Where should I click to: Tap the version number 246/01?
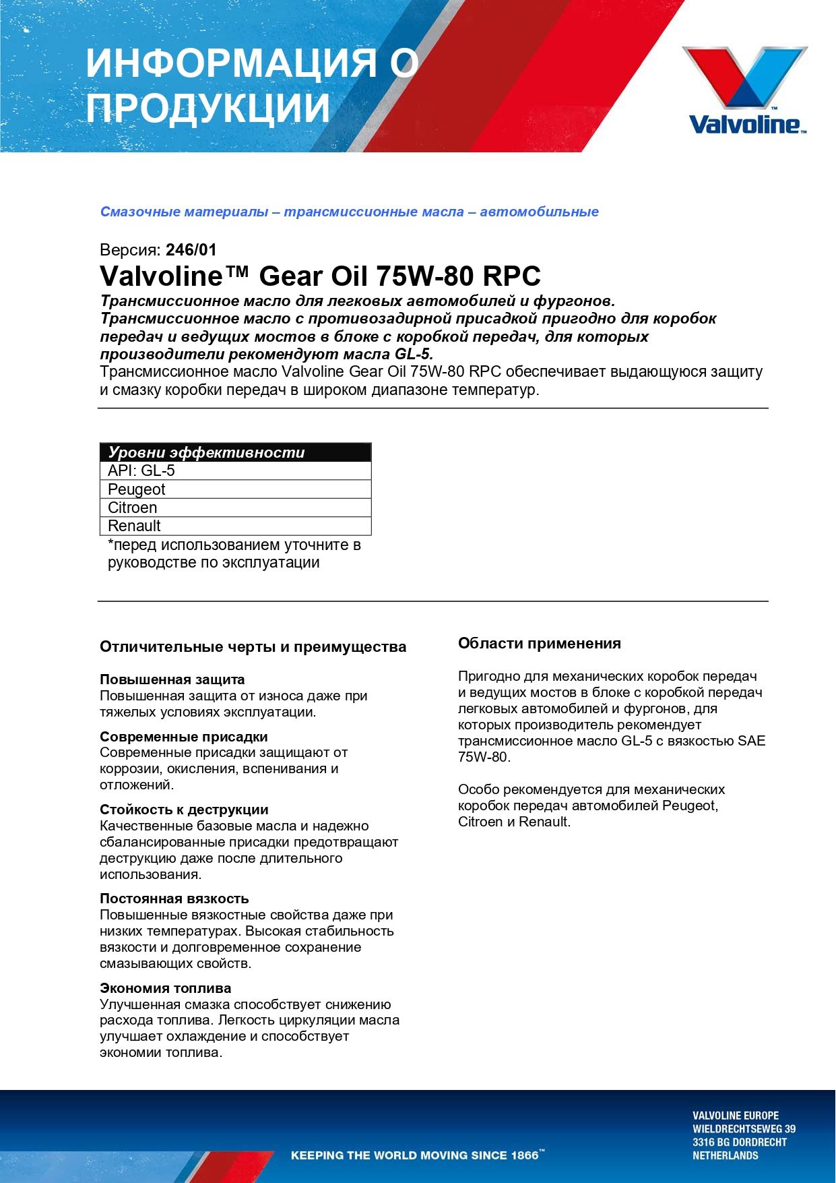[191, 250]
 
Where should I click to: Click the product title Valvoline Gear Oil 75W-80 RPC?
[320, 276]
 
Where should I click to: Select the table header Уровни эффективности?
[207, 452]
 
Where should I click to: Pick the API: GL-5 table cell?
[141, 471]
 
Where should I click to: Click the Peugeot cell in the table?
[137, 489]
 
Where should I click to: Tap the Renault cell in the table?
[134, 526]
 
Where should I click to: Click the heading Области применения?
[539, 643]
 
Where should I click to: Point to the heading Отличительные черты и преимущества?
[253, 647]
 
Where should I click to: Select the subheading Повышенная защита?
[172, 679]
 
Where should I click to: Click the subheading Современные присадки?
[183, 737]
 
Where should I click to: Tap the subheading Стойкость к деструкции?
[184, 810]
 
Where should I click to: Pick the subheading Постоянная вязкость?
[174, 899]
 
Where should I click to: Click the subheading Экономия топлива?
[165, 988]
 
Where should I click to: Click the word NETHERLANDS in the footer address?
[725, 1155]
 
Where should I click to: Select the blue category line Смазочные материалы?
[349, 212]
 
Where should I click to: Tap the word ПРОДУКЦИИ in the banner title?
[208, 108]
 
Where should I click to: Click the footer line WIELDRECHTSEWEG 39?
[744, 1128]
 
